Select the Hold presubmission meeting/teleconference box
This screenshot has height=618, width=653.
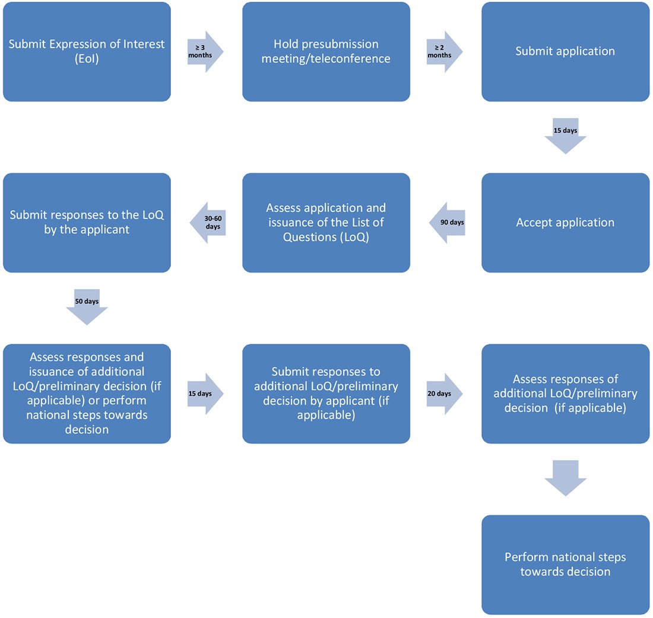(326, 52)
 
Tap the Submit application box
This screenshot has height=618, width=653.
(565, 52)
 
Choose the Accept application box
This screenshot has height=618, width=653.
(565, 223)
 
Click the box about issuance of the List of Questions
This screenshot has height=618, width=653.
(326, 223)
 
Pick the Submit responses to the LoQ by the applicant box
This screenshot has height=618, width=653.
(87, 223)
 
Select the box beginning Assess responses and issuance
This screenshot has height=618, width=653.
(87, 394)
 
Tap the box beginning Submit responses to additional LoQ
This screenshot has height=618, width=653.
(326, 394)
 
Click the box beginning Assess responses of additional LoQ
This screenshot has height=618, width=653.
(565, 394)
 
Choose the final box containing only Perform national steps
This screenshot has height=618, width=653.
(565, 565)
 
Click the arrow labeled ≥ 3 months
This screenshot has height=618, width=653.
(205, 52)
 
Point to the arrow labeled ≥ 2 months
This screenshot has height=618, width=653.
(444, 52)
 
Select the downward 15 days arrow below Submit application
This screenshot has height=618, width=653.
(565, 137)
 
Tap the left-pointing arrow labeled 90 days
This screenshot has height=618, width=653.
(447, 223)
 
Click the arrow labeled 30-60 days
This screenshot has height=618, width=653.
(207, 223)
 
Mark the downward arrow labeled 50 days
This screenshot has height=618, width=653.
(87, 307)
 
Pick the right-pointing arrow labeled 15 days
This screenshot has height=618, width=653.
(205, 394)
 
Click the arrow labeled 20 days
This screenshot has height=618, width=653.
(444, 394)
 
